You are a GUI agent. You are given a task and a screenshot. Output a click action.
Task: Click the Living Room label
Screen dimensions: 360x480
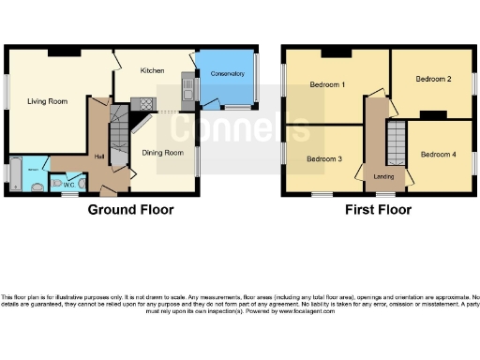click(x=45, y=101)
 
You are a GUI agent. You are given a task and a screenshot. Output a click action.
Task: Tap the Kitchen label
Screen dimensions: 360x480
click(x=154, y=71)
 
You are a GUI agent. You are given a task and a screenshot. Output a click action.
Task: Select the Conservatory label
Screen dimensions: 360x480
click(x=226, y=73)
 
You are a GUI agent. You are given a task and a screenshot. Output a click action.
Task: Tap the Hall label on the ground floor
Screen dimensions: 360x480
click(x=98, y=157)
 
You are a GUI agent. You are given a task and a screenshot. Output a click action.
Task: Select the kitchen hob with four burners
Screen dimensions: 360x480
click(x=145, y=104)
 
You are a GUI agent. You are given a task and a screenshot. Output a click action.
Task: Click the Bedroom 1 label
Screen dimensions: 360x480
click(x=328, y=85)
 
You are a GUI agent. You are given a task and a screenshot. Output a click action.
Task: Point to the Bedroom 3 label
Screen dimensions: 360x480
click(x=323, y=158)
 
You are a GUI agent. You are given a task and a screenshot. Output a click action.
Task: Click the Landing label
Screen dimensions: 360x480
click(x=383, y=175)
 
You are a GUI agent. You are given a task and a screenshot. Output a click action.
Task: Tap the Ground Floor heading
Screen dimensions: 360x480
click(x=130, y=210)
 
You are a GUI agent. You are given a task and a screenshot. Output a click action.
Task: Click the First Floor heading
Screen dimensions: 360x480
click(x=378, y=210)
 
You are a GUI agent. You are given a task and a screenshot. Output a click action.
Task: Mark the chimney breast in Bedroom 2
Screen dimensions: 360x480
click(x=432, y=115)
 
